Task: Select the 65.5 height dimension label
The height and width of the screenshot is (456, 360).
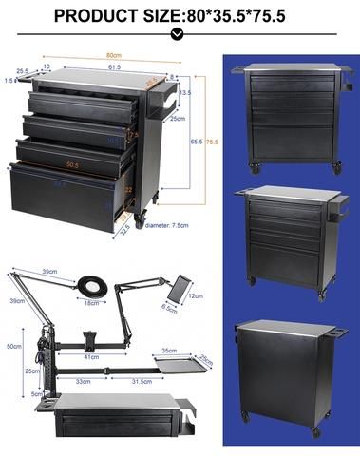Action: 196,140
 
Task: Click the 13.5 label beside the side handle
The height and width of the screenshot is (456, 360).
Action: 186,93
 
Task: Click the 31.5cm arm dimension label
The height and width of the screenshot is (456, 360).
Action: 142,382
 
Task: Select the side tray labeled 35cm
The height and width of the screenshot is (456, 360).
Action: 178,362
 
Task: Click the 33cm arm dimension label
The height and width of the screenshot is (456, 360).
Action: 84,382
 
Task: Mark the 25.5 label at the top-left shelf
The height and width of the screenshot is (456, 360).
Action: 21,70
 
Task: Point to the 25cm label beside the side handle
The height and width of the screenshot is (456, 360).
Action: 178,119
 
